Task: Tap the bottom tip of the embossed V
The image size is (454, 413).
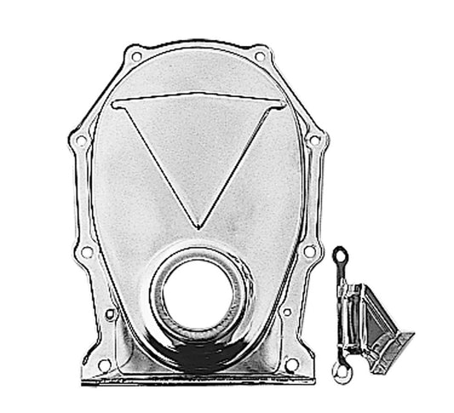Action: [198, 227]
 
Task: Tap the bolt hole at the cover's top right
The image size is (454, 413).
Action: [259, 57]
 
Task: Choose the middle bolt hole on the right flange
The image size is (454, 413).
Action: [308, 252]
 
